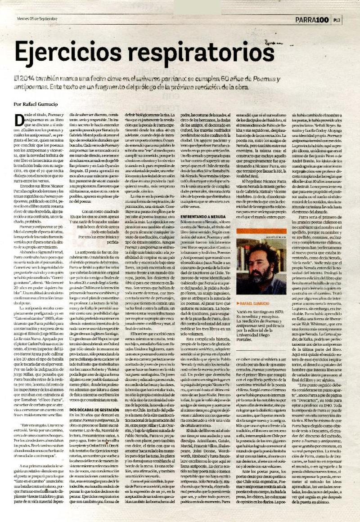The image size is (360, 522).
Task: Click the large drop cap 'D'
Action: [x=19, y=121]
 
